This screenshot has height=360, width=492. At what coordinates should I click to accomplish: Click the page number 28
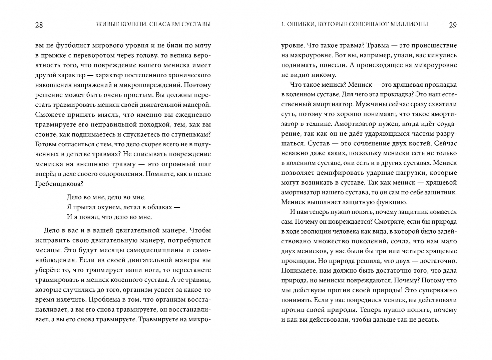[x=39, y=25]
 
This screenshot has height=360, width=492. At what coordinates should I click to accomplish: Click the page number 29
[x=453, y=25]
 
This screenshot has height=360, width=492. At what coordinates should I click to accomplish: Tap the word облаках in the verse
[x=159, y=207]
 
